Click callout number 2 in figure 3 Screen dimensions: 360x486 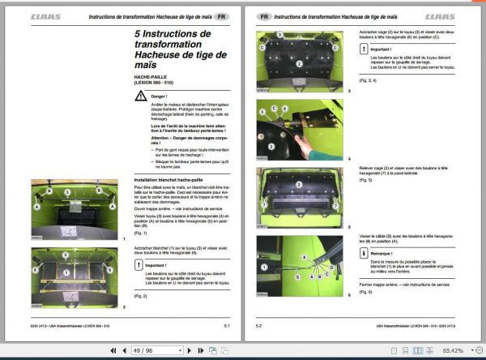[x=298, y=62]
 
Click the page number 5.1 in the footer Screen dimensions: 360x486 [x=228, y=326]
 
